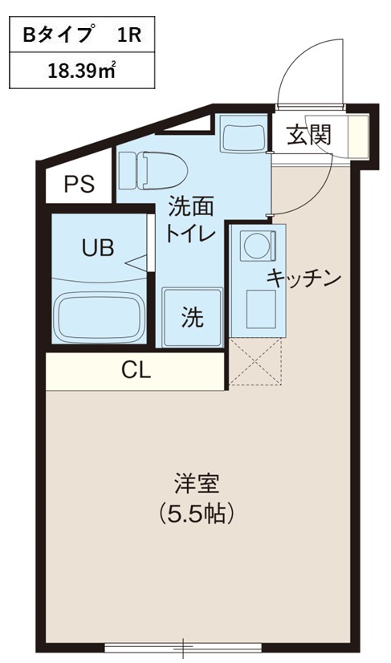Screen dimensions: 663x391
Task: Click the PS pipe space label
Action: click(x=79, y=184)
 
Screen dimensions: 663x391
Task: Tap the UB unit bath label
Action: click(x=97, y=247)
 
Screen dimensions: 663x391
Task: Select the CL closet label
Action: click(x=136, y=370)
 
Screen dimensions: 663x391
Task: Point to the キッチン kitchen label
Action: click(x=304, y=279)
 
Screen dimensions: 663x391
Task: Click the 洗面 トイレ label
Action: click(x=190, y=220)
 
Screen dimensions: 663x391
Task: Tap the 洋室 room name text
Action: click(x=196, y=484)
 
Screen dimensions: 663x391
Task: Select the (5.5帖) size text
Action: click(x=196, y=511)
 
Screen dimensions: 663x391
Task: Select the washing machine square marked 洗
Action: click(x=191, y=318)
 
